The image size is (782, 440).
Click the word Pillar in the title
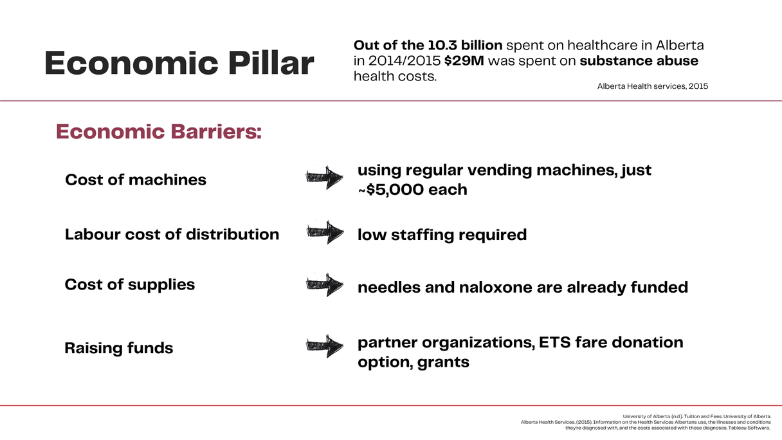271,63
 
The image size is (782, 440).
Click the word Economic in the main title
131,63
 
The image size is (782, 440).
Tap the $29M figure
464,60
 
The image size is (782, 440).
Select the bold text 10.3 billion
465,45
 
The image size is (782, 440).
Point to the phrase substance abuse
639,60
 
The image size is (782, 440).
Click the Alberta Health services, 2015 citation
653,86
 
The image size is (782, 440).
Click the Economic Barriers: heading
158,132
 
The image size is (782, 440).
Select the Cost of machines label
136,180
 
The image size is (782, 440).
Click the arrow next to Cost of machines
324,178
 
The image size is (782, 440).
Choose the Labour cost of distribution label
172,234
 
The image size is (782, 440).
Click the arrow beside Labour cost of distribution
325,232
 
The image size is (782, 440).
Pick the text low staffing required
442,235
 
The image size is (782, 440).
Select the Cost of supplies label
129,284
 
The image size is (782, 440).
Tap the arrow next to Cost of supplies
325,285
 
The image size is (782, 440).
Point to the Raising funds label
119,348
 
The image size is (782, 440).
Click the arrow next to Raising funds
325,346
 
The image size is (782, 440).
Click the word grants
443,362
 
